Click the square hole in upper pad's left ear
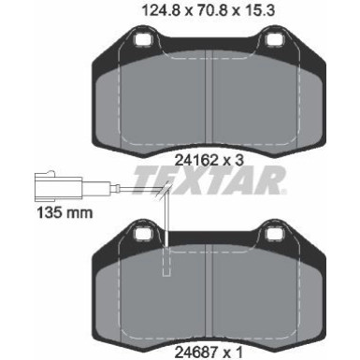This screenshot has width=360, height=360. [x=144, y=41]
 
